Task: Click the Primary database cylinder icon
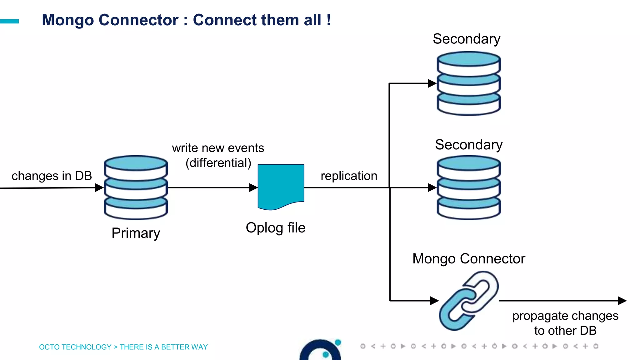coord(136,187)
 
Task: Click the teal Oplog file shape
coord(281,186)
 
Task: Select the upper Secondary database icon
coord(468,83)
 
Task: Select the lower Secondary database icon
coord(468,188)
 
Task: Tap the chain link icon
coord(468,300)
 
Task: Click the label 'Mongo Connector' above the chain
coord(468,259)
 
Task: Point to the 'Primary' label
coord(136,233)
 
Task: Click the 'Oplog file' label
coord(275,228)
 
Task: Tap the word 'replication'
coord(349,176)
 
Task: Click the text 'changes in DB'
coord(52,176)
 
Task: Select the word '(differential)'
coord(218,163)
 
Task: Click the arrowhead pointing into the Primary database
coord(99,187)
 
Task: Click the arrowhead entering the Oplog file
coord(253,187)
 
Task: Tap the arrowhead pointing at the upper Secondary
coord(432,83)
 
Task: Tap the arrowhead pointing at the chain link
coord(434,301)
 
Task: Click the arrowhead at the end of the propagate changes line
coord(622,301)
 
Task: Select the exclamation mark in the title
coord(328,20)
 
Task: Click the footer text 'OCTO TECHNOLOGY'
coord(75,347)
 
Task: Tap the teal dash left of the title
coord(9,21)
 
